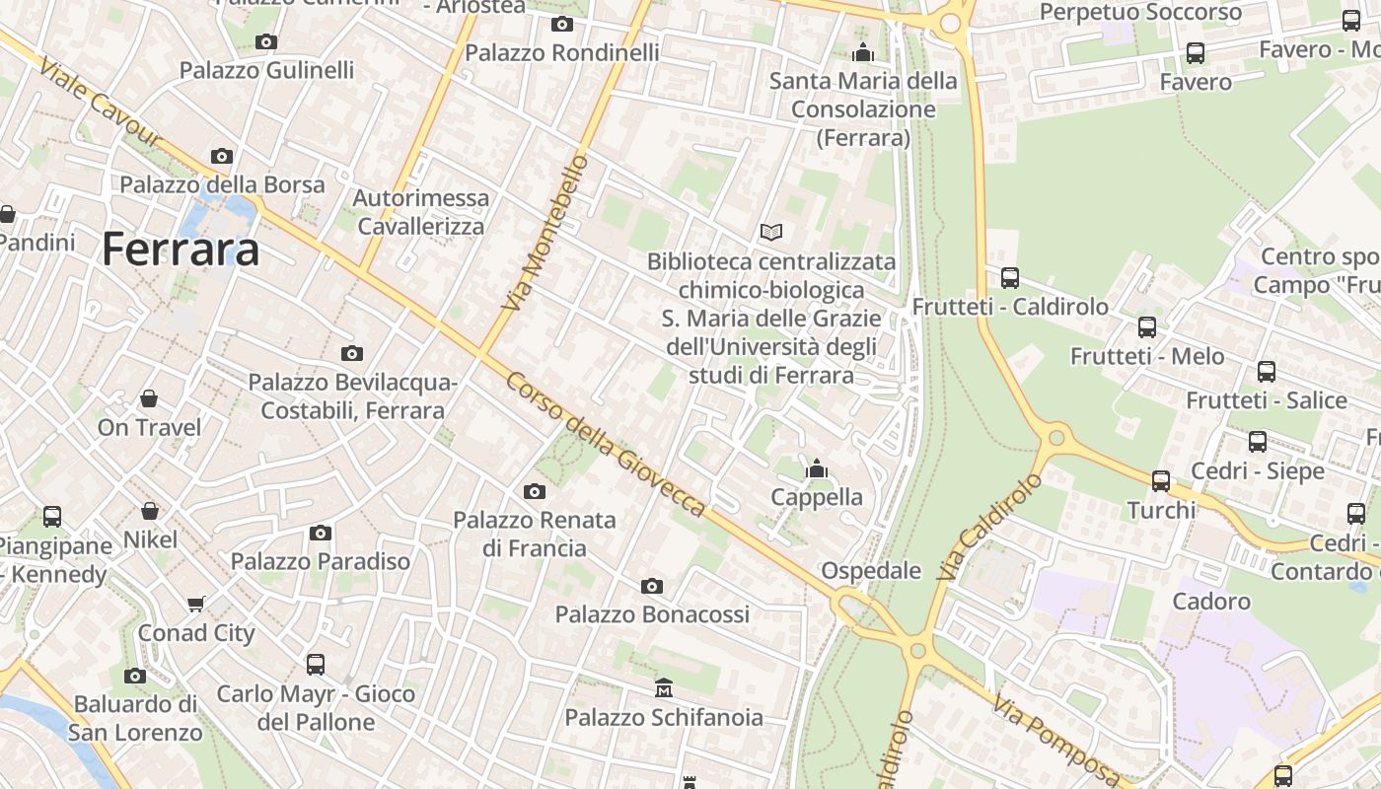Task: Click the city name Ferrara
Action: tap(181, 249)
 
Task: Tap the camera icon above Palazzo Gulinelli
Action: tap(265, 41)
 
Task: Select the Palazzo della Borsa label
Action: tap(222, 184)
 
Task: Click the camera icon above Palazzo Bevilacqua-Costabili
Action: tap(351, 353)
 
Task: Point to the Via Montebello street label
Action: tap(545, 233)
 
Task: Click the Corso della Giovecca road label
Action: tap(606, 444)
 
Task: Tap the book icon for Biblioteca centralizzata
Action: tap(771, 232)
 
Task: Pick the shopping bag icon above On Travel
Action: tap(148, 398)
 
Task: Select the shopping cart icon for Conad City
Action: tap(196, 604)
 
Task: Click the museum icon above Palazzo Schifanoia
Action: tap(664, 686)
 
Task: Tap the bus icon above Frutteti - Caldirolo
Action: tap(1009, 278)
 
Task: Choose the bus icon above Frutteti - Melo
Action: tap(1146, 327)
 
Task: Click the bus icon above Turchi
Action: tap(1161, 481)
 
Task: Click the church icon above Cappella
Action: tap(816, 468)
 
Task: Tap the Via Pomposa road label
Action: tap(1056, 741)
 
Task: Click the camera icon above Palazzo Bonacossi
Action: tap(651, 587)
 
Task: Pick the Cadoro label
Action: tap(1211, 601)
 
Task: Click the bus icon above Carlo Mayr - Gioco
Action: tap(315, 665)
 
